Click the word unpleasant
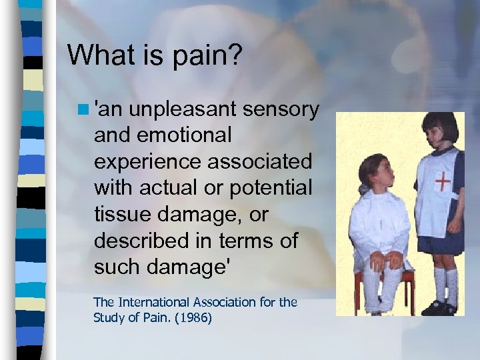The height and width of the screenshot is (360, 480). coord(182,108)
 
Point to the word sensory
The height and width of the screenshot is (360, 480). coord(281,108)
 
